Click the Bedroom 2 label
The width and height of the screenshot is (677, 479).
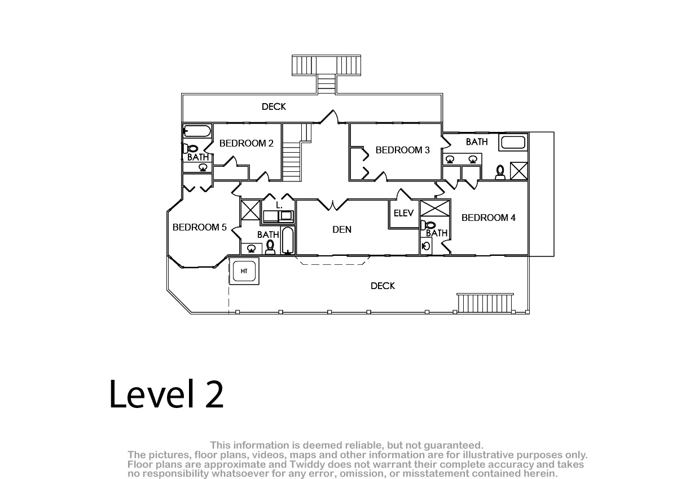point(247,143)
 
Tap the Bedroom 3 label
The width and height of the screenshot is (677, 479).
point(403,150)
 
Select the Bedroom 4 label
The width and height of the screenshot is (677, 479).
point(489,218)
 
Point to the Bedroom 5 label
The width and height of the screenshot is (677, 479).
point(200,227)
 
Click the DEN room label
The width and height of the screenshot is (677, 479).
point(342,230)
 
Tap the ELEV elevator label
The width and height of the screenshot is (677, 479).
point(403,214)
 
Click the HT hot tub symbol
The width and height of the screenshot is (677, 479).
point(244,271)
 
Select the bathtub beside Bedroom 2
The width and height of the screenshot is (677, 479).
point(197,131)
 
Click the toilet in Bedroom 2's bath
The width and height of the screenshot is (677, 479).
point(191,149)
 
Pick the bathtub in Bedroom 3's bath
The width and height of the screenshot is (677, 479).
point(513,143)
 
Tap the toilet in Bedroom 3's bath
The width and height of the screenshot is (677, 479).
point(500,172)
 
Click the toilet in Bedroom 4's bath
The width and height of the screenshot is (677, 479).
point(428,225)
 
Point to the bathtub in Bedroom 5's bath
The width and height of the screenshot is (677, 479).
point(287,241)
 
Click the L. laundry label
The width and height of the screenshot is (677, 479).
point(279,206)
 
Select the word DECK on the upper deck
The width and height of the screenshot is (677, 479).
point(274,107)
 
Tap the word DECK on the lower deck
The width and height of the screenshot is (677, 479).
point(383,286)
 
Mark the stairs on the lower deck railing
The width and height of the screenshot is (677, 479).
point(485,303)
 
